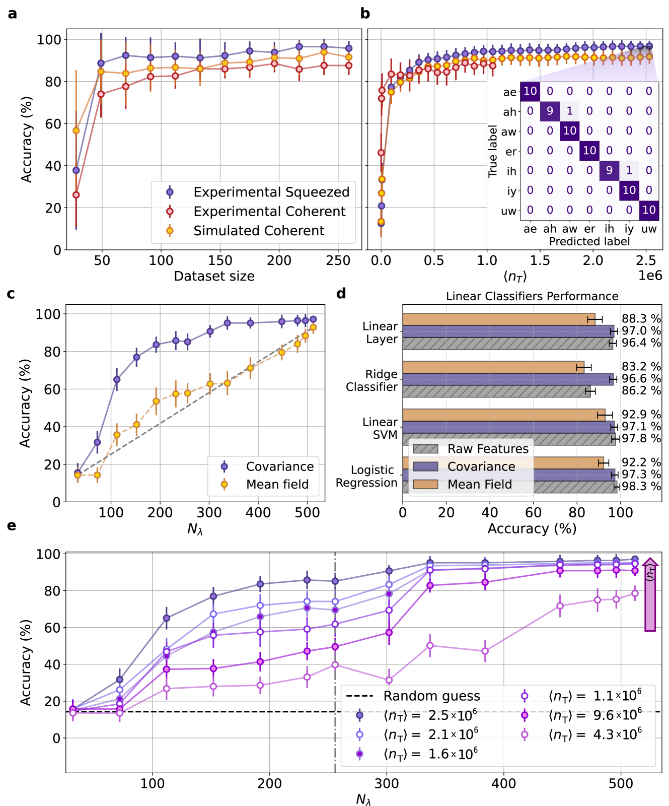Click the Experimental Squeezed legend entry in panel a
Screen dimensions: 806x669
pos(271,192)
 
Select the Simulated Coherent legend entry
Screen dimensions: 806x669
pos(259,231)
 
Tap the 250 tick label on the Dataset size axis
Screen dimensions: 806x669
pos(338,260)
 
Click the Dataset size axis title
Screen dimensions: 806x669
pos(214,276)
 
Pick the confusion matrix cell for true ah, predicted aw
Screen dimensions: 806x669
pos(569,111)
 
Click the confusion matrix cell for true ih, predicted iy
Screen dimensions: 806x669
pos(629,170)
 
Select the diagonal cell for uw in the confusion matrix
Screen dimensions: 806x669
pos(649,210)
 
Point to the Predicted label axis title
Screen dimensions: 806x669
pos(589,242)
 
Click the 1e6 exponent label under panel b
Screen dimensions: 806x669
pos(650,276)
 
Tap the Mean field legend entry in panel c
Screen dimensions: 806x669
pos(277,485)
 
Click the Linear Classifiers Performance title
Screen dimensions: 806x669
pos(532,296)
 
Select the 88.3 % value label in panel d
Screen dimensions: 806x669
pos(641,319)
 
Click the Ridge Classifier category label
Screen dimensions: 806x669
pos(371,381)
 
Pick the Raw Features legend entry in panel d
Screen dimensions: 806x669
pos(488,449)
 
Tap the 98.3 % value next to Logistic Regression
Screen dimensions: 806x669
pos(641,487)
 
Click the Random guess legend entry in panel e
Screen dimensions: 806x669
pos(431,696)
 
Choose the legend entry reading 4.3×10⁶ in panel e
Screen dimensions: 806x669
pos(594,734)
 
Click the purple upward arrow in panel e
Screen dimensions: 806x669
pos(650,594)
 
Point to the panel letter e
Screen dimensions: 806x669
pos(12,526)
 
